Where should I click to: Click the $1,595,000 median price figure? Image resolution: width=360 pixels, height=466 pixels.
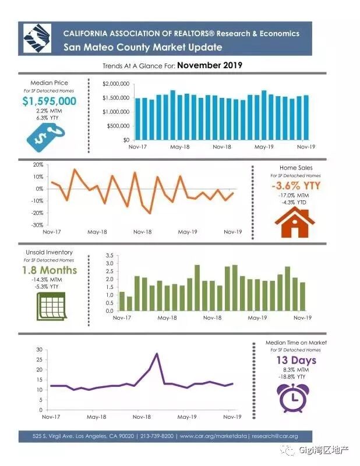pos(50,101)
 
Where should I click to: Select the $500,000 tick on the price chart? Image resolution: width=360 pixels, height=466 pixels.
pos(118,126)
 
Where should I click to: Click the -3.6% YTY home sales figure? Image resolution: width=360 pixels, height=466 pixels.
pos(296,186)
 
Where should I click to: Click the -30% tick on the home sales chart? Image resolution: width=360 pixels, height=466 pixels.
pos(38,225)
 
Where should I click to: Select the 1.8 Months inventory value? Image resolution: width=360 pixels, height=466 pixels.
pos(50,270)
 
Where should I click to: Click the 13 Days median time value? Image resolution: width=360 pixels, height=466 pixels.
pos(296,361)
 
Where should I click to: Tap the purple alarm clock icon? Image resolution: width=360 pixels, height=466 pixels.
pos(295,397)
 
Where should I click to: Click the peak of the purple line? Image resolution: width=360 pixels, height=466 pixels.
pos(157,354)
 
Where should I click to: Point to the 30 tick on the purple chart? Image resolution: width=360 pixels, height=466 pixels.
pos(39,349)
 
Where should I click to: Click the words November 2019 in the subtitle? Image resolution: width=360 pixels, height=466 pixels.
pos(210,65)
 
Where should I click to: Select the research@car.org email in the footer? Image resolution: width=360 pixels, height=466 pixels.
pos(275,436)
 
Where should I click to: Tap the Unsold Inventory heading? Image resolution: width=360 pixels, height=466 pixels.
pos(50,252)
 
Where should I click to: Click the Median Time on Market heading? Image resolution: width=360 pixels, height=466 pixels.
pos(296,343)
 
